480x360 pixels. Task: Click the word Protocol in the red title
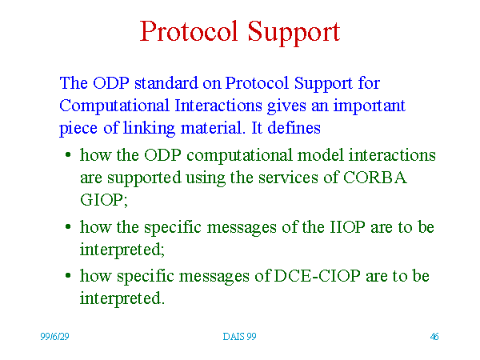click(189, 31)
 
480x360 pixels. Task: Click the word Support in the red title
click(294, 33)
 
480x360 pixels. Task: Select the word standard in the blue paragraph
click(166, 83)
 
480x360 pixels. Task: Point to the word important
click(369, 106)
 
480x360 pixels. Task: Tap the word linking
click(149, 129)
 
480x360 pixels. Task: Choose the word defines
click(294, 128)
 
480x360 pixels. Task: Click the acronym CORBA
click(375, 178)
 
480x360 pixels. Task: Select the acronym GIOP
click(103, 200)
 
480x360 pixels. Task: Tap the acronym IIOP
click(347, 227)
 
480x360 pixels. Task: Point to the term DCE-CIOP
click(317, 276)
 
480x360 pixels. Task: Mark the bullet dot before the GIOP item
click(68, 155)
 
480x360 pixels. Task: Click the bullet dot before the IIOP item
click(68, 227)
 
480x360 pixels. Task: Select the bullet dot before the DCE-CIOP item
click(68, 276)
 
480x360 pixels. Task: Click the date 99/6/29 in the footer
click(54, 337)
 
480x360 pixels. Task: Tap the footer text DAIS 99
click(239, 337)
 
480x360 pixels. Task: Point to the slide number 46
click(434, 337)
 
